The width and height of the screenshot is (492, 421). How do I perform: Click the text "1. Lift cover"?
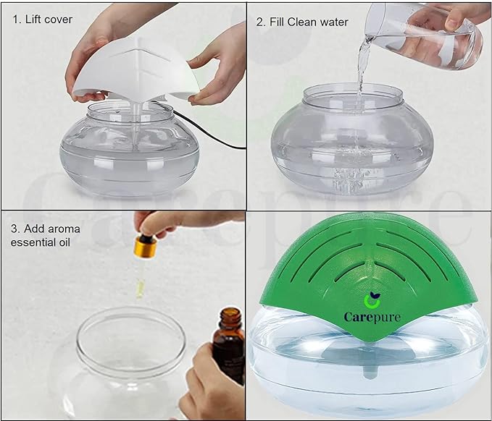(43, 20)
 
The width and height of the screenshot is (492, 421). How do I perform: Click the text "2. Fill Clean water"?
(301, 22)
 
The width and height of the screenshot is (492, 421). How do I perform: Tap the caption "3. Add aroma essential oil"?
(46, 236)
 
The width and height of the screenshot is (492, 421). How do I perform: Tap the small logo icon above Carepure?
(371, 299)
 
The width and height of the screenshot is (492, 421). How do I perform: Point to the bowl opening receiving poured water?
(352, 93)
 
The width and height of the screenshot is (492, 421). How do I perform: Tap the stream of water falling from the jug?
(360, 72)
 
